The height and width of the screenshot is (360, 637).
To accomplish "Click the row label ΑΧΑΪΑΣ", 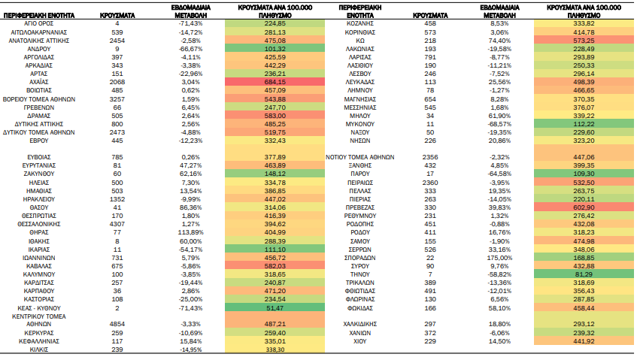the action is (x=39, y=82).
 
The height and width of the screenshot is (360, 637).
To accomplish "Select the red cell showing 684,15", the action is (x=275, y=82).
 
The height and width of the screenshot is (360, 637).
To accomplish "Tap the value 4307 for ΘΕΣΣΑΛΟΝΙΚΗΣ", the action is (x=117, y=224).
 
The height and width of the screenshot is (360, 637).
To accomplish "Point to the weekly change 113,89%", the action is (x=190, y=232).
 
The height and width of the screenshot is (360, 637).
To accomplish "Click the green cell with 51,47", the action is (x=275, y=308).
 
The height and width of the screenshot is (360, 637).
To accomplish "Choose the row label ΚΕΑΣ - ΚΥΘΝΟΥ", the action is (x=39, y=308).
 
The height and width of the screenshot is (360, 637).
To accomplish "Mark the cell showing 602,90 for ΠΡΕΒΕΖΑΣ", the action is (x=584, y=207).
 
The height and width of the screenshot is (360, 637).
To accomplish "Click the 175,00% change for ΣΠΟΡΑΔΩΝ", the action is (x=499, y=258).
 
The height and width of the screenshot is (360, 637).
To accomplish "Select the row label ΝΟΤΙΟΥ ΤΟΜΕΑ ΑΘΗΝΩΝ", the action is (x=360, y=157).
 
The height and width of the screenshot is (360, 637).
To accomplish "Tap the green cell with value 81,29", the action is (x=584, y=274).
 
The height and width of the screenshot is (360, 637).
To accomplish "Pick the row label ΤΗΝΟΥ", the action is (x=360, y=274).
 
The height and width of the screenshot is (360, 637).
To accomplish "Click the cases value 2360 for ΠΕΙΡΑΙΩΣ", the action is (x=430, y=183).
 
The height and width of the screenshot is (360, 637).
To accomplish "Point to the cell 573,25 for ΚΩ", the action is (x=584, y=41).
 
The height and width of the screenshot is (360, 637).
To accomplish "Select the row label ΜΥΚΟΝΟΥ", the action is (x=360, y=124).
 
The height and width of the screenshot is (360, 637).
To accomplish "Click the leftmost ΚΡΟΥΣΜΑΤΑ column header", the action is (x=117, y=16).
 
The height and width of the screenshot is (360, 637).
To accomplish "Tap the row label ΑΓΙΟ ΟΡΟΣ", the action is (x=39, y=23).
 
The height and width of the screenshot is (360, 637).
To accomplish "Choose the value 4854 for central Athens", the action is (x=117, y=324).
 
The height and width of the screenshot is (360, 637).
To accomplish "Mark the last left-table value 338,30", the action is (x=275, y=349).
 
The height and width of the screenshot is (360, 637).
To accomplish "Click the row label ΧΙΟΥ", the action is (x=360, y=341).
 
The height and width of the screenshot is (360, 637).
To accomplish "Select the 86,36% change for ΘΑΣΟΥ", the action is (x=190, y=207).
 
